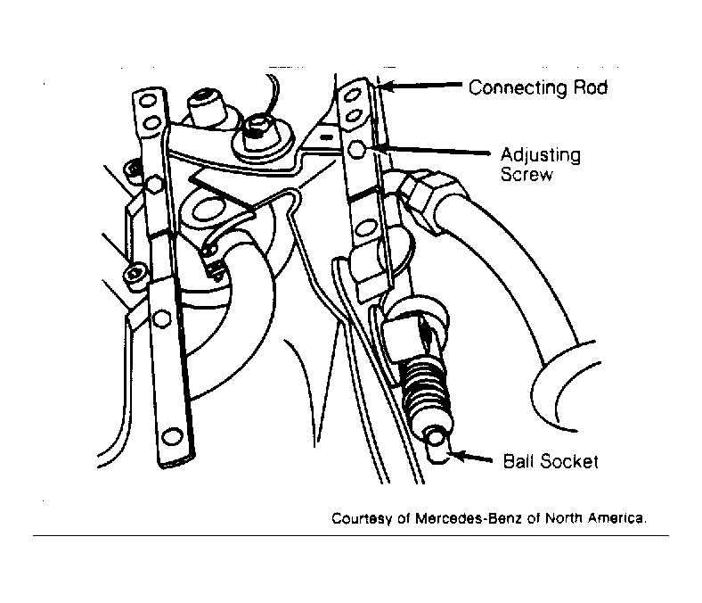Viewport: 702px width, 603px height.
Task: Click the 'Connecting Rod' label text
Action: click(538, 87)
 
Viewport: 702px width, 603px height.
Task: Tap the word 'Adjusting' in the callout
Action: click(541, 155)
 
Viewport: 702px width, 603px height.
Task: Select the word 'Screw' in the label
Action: click(526, 174)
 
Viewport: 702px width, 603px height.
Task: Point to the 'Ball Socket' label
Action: click(551, 461)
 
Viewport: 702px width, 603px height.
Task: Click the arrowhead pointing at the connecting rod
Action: click(388, 85)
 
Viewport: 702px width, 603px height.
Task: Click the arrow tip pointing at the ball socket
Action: click(454, 455)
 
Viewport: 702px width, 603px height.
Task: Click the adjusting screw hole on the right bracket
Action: click(357, 149)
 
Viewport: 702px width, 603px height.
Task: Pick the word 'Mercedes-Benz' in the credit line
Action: click(469, 518)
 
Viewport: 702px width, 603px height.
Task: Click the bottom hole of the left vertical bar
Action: click(171, 436)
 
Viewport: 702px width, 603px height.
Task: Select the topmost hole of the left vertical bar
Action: click(147, 101)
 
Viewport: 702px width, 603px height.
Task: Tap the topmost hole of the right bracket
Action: click(352, 95)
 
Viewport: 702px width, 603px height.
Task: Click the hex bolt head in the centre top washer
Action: click(257, 126)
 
